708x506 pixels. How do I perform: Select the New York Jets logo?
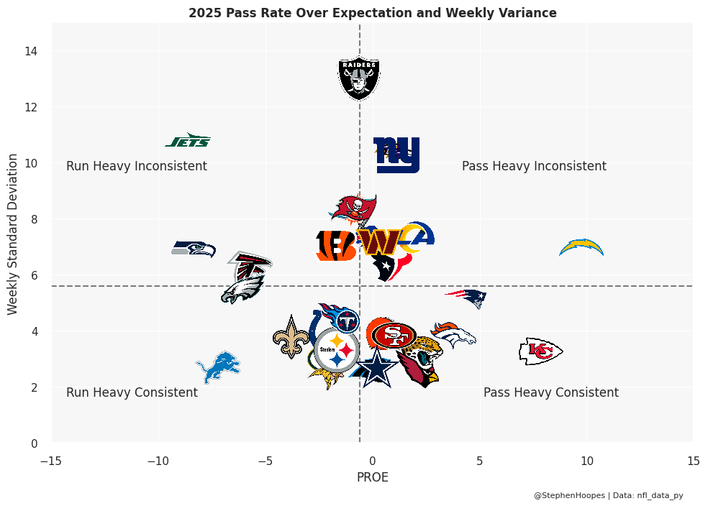coord(189,141)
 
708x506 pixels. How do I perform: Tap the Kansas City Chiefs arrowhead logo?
coord(540,351)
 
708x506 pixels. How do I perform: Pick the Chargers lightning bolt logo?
coord(581,248)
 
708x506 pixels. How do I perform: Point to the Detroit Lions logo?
coord(218,367)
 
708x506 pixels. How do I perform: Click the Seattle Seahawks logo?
coord(194,249)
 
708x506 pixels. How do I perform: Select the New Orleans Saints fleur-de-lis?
coord(291,337)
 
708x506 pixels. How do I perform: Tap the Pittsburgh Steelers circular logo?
coord(337,349)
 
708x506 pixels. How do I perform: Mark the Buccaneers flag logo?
coord(354,208)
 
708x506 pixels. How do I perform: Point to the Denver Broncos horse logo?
coord(453,335)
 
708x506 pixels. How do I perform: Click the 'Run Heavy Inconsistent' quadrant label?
coord(137,166)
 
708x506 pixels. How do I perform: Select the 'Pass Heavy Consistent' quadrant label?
coord(550,392)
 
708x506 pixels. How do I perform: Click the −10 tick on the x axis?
coord(158,460)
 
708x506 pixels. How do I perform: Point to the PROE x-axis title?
coord(373,477)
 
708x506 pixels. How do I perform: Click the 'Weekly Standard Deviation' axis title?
coord(12,233)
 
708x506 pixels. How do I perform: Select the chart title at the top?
coord(373,13)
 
